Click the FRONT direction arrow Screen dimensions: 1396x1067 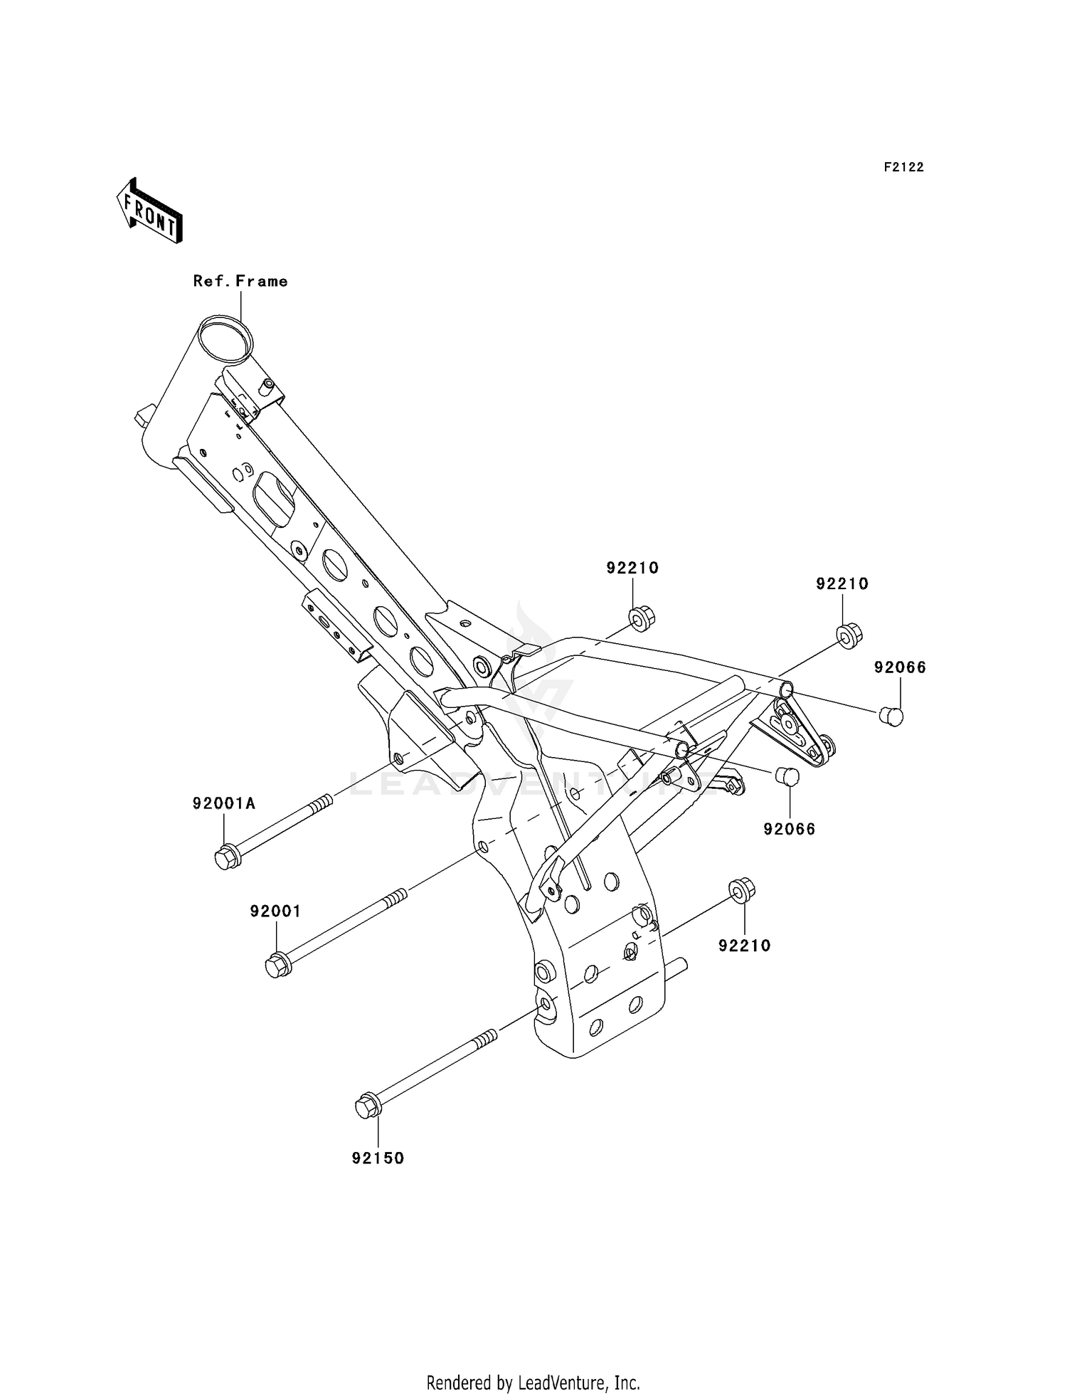pos(150,211)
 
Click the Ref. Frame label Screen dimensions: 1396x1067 pos(240,281)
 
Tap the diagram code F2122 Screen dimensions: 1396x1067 pos(903,167)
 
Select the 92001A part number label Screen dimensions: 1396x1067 pos(223,803)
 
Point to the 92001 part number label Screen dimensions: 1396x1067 pos(275,911)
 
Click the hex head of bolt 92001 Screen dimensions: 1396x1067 pos(277,966)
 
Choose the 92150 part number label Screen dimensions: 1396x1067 pos(378,1158)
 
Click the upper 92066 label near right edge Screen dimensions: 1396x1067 pos(900,667)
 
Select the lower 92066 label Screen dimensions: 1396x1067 pos(790,829)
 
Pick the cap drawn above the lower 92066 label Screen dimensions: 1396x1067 pos(787,777)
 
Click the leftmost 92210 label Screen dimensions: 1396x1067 pos(632,568)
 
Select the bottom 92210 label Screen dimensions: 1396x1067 pos(745,945)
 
